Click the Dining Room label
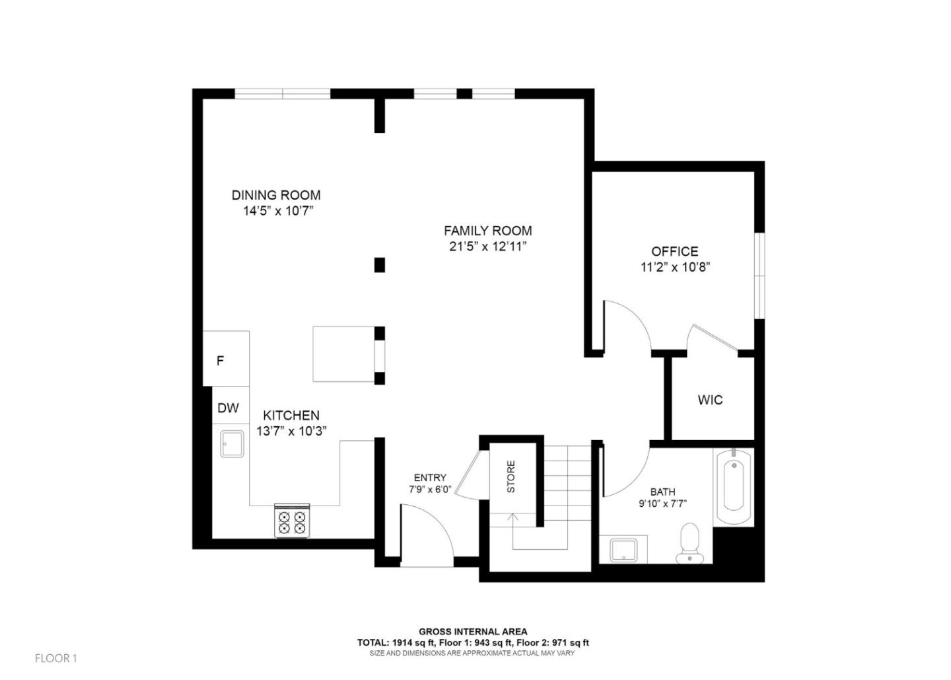pos(276,195)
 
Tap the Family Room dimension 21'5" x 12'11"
pos(487,246)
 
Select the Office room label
pos(674,251)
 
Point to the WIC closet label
pos(710,400)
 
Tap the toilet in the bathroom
pos(689,542)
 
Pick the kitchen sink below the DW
pos(232,443)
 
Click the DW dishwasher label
pos(228,408)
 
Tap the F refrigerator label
pos(221,361)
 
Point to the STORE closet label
pos(511,476)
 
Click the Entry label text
pos(430,478)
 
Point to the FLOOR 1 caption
pos(56,658)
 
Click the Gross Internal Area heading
pos(473,632)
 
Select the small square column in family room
pos(379,265)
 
